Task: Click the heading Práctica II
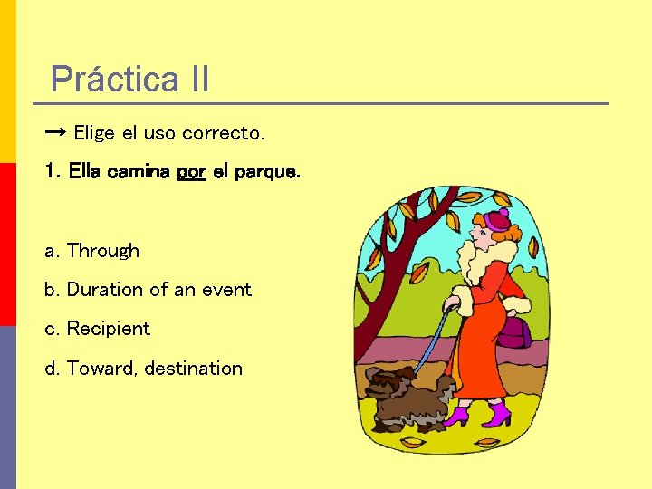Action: pos(129,79)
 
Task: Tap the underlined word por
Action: pos(191,171)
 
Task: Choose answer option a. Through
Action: pos(92,251)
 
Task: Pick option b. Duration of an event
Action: pos(149,290)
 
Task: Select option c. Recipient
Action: pos(98,329)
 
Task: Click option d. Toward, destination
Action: pos(144,369)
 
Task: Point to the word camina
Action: pos(139,171)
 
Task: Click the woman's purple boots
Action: pos(479,415)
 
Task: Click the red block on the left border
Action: pos(7,244)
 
